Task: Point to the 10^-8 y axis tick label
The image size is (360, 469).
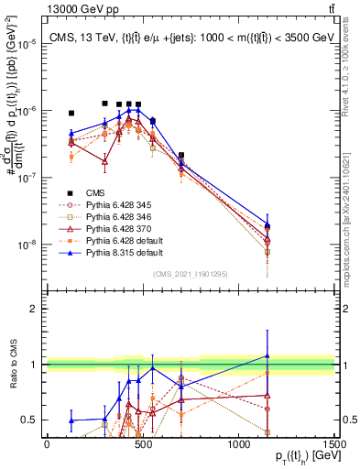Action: click(28, 245)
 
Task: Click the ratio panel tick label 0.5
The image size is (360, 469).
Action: click(31, 420)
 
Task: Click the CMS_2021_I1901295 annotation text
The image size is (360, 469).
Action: click(191, 274)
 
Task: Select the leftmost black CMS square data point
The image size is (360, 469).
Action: click(71, 114)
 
